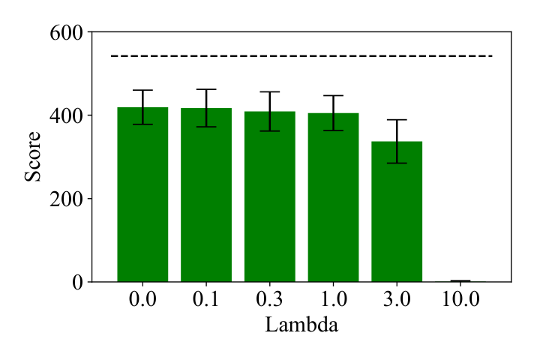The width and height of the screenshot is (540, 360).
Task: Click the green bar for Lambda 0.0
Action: click(x=142, y=194)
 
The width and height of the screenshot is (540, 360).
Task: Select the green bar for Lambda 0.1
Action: click(x=206, y=195)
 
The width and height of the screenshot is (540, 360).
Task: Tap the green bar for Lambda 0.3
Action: click(x=270, y=196)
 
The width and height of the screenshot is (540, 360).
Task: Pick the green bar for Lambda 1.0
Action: click(x=333, y=197)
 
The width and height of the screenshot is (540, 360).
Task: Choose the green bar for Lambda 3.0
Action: click(x=397, y=211)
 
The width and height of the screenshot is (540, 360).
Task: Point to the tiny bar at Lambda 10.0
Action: click(x=460, y=281)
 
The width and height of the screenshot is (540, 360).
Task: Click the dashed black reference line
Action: click(x=301, y=55)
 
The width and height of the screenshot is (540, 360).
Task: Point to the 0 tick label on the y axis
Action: click(x=78, y=283)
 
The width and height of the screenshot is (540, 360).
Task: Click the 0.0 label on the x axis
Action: click(x=142, y=298)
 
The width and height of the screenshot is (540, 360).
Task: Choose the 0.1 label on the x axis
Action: click(x=206, y=298)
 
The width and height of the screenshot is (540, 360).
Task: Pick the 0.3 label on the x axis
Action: click(x=270, y=298)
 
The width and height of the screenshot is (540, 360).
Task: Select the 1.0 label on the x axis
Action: click(x=333, y=298)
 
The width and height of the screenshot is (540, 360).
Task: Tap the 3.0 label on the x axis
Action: click(x=397, y=298)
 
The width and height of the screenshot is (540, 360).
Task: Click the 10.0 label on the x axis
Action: click(x=460, y=298)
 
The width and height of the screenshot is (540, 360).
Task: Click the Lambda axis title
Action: click(x=301, y=325)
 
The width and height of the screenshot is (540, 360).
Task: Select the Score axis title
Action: click(x=33, y=157)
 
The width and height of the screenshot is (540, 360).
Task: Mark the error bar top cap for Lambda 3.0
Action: click(x=397, y=119)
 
